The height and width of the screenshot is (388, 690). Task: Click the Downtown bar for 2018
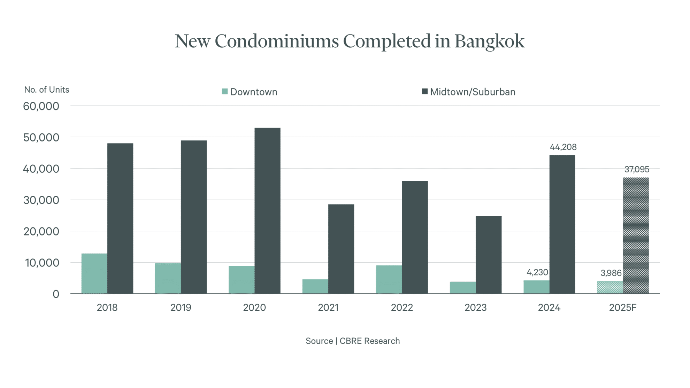94,273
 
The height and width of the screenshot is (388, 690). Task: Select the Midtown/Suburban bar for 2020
267,211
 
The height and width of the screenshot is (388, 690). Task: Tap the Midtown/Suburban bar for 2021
341,249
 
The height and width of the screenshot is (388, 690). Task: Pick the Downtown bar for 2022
389,279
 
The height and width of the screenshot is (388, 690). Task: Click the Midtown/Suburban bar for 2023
488,255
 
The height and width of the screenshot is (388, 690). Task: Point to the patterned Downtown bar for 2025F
610,287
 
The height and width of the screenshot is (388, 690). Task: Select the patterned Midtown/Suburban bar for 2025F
636,235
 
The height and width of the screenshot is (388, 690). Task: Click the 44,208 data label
563,147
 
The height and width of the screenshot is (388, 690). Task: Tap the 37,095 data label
636,169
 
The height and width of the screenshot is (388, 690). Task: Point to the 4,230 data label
537,272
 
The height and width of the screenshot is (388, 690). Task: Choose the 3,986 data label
611,273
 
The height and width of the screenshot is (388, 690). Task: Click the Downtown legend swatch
225,92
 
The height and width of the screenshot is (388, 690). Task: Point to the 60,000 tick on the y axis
41,106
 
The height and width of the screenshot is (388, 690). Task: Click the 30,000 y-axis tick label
41,200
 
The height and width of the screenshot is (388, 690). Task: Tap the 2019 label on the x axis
181,308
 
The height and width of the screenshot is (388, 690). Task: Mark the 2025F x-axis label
622,308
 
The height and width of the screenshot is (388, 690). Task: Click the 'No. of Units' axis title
47,90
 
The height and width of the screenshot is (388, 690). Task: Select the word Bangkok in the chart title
489,41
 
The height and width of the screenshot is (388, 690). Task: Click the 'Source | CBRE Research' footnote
352,341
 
